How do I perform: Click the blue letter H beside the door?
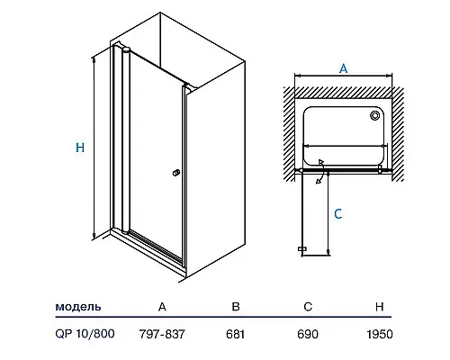point(80,148)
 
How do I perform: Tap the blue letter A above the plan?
point(343,68)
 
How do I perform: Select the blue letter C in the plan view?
point(338,214)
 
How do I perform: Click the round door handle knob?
point(176,173)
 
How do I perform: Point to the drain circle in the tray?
point(375,115)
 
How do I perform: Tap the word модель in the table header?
point(78,307)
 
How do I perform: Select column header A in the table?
point(162,307)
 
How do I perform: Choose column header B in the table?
point(236,307)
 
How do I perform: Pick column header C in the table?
point(308,307)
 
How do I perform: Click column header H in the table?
point(380,307)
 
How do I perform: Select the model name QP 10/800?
point(85,334)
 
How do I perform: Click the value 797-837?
point(162,334)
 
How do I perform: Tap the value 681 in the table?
point(236,334)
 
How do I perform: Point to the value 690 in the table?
point(308,334)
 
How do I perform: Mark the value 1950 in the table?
point(380,334)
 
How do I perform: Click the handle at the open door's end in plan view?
point(302,248)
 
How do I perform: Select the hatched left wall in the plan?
point(290,134)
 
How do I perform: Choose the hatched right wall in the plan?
point(398,134)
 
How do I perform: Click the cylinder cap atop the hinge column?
point(126,49)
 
